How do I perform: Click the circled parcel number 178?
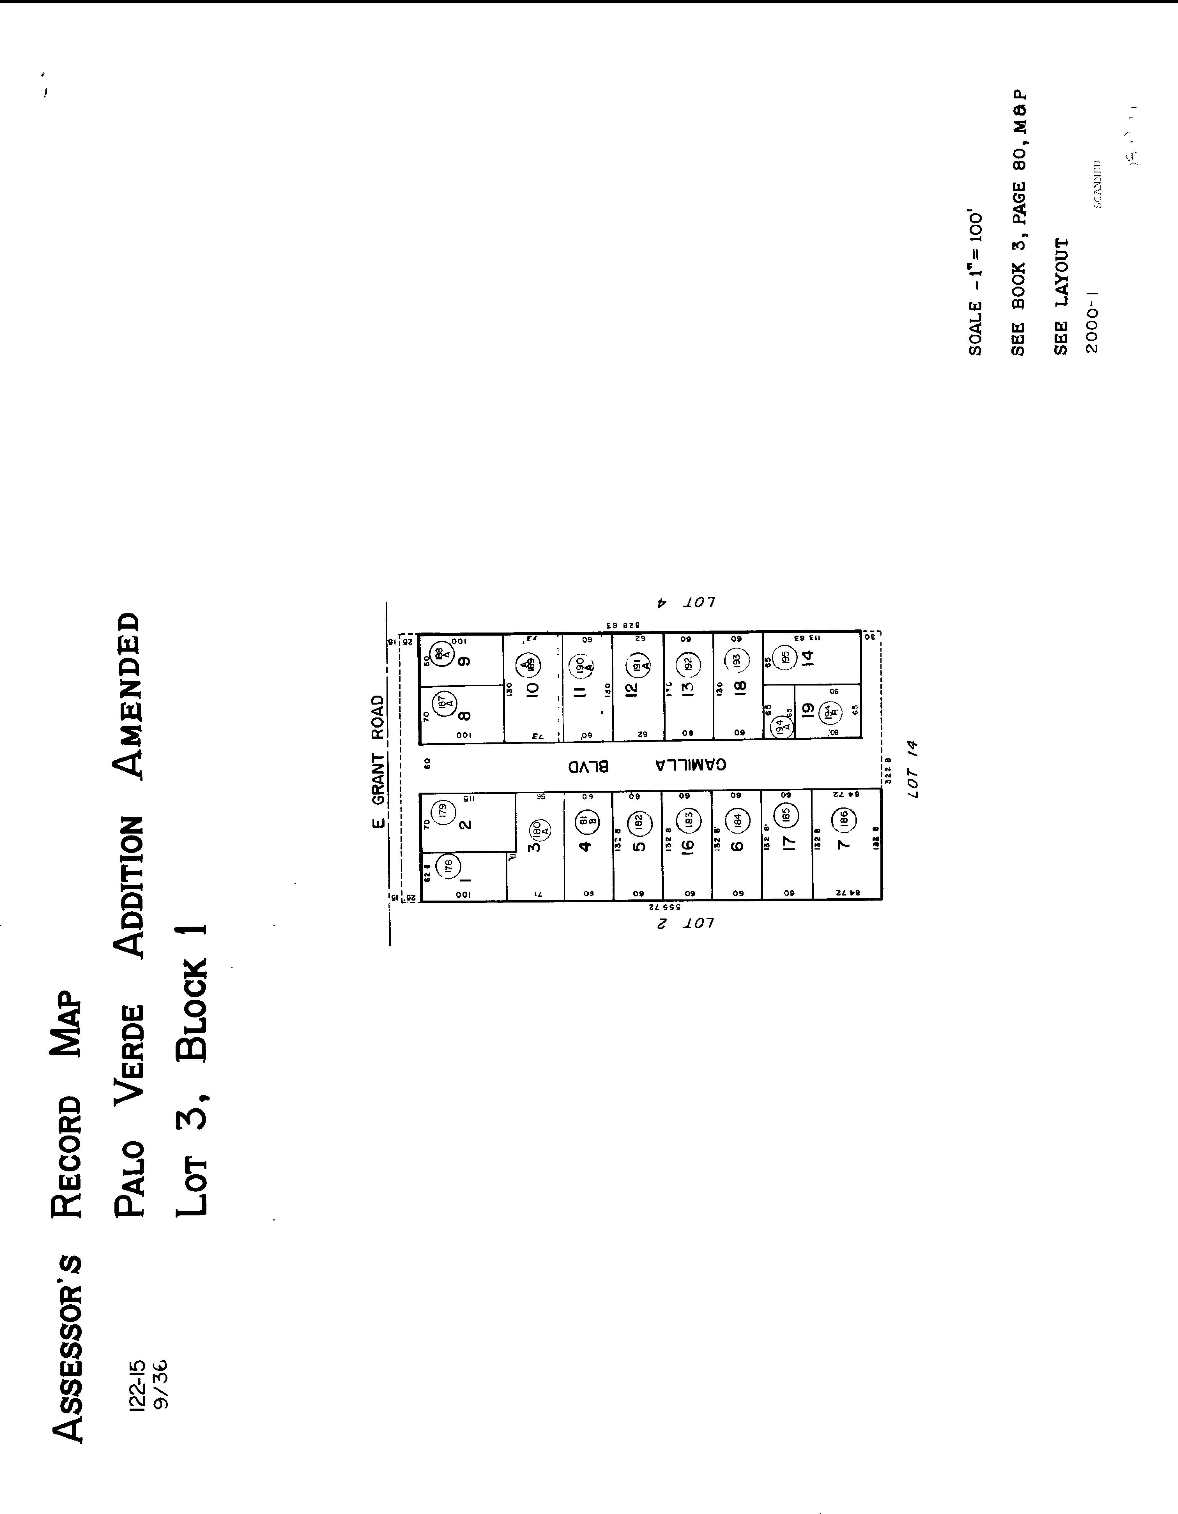[448, 865]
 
